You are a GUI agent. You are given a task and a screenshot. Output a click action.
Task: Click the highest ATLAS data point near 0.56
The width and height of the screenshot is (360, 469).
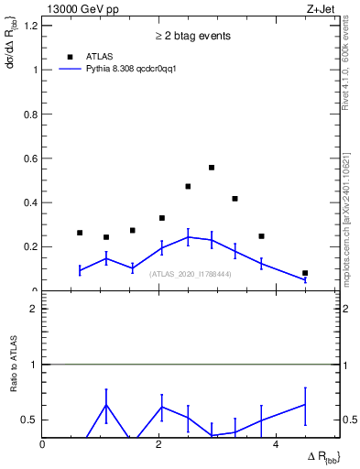pyautogui.click(x=212, y=168)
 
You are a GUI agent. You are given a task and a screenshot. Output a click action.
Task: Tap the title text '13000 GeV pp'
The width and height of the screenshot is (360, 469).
pyautogui.click(x=74, y=9)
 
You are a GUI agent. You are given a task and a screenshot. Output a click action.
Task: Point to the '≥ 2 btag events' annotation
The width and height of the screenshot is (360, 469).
pyautogui.click(x=191, y=36)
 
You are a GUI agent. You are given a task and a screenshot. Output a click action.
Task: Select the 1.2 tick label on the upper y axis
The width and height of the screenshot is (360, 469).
pyautogui.click(x=32, y=26)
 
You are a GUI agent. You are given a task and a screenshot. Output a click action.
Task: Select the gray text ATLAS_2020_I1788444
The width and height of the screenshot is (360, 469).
pyautogui.click(x=191, y=274)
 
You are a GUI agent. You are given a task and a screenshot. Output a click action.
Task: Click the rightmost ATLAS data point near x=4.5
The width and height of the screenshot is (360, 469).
pyautogui.click(x=305, y=273)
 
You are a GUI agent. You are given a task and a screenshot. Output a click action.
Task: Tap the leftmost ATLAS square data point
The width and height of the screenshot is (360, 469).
pyautogui.click(x=80, y=233)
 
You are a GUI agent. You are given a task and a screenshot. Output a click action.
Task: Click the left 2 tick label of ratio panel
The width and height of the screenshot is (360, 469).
pyautogui.click(x=33, y=309)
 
